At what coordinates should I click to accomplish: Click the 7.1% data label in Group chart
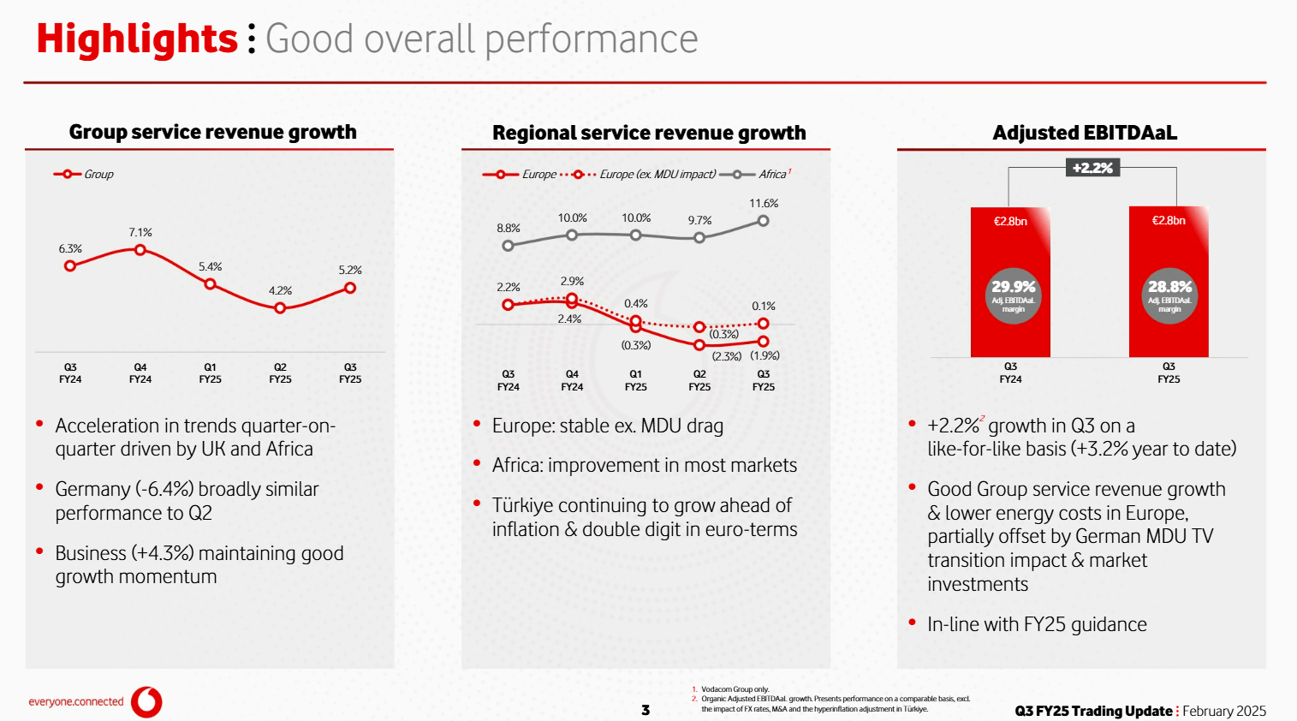tap(140, 232)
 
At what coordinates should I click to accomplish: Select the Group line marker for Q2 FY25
tap(280, 307)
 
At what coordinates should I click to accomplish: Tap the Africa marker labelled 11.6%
tap(763, 221)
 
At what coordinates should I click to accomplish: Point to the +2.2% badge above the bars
tap(1092, 168)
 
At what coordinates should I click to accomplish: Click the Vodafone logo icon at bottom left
tap(147, 701)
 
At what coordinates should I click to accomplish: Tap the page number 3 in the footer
tap(646, 710)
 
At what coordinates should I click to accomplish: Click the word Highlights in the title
tap(137, 39)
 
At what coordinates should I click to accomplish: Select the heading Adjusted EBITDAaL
tap(1085, 133)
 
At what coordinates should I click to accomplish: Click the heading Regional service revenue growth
tap(649, 133)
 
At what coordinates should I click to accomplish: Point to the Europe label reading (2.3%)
tap(727, 356)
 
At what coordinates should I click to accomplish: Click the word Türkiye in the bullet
tap(526, 505)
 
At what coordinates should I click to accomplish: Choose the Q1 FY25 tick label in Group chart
tap(210, 372)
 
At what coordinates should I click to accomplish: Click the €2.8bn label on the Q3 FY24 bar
tap(1010, 221)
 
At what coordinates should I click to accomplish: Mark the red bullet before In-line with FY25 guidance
tap(912, 623)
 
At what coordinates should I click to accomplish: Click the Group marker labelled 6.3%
tap(70, 265)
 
